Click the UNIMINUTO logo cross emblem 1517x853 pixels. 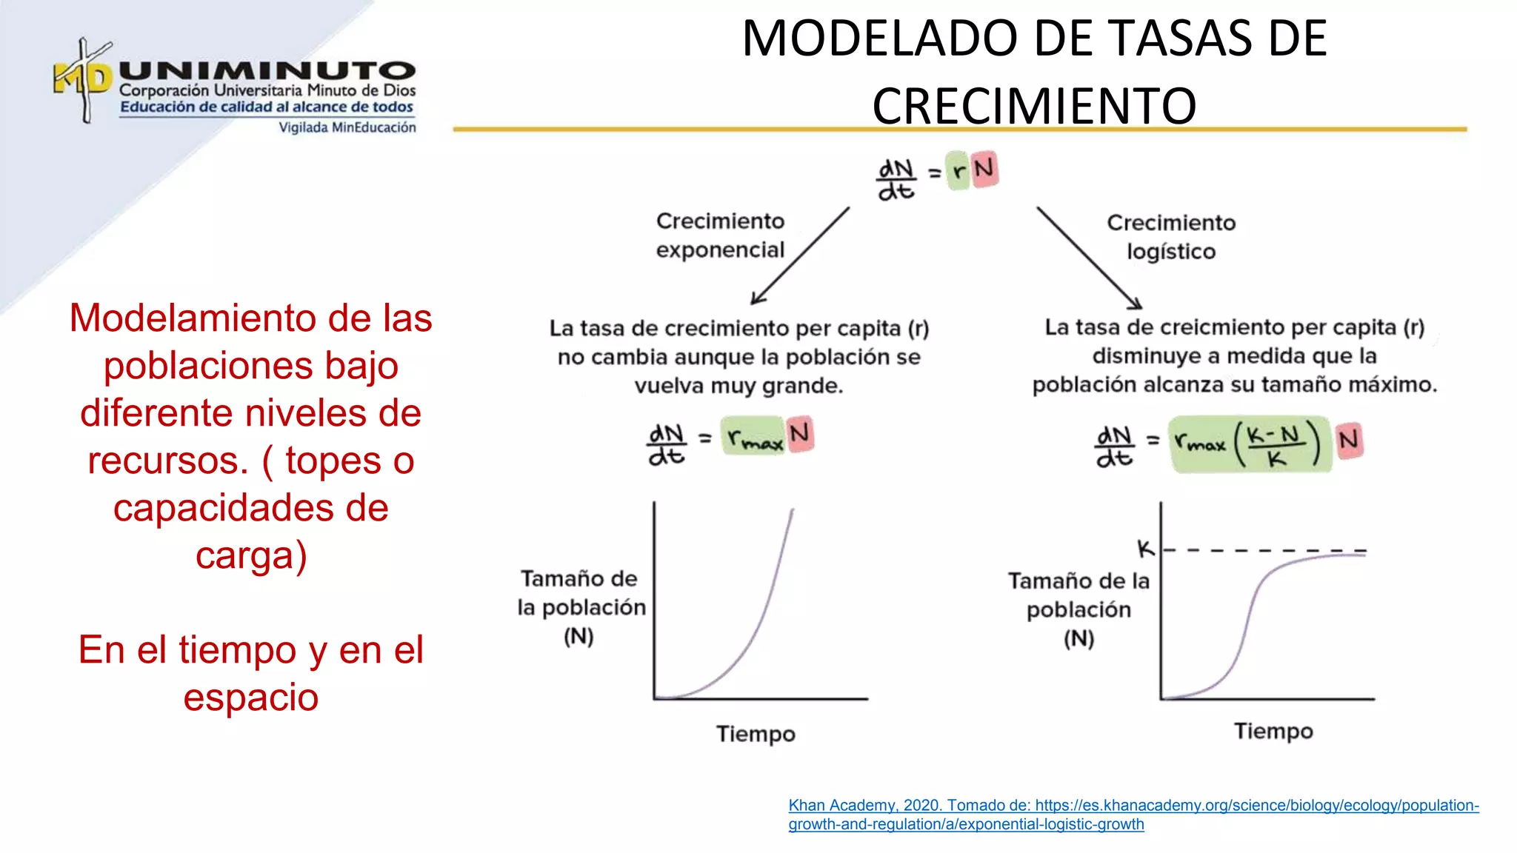(84, 79)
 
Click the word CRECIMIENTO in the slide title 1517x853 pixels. (1034, 106)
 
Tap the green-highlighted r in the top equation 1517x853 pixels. (958, 172)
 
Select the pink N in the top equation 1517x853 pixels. (984, 170)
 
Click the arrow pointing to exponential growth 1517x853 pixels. (800, 255)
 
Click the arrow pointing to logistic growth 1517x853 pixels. (1089, 258)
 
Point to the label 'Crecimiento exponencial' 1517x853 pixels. (720, 235)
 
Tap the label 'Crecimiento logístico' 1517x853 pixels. (1171, 237)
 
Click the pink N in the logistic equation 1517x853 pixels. (1349, 441)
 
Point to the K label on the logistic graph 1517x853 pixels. (1146, 549)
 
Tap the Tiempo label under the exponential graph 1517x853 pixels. (756, 734)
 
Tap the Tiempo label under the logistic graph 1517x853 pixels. (1273, 732)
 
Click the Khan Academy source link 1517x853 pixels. (1133, 814)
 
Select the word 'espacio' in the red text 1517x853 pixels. (251, 698)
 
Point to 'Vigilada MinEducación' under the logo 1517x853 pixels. (347, 127)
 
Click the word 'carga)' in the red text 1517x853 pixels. (251, 555)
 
